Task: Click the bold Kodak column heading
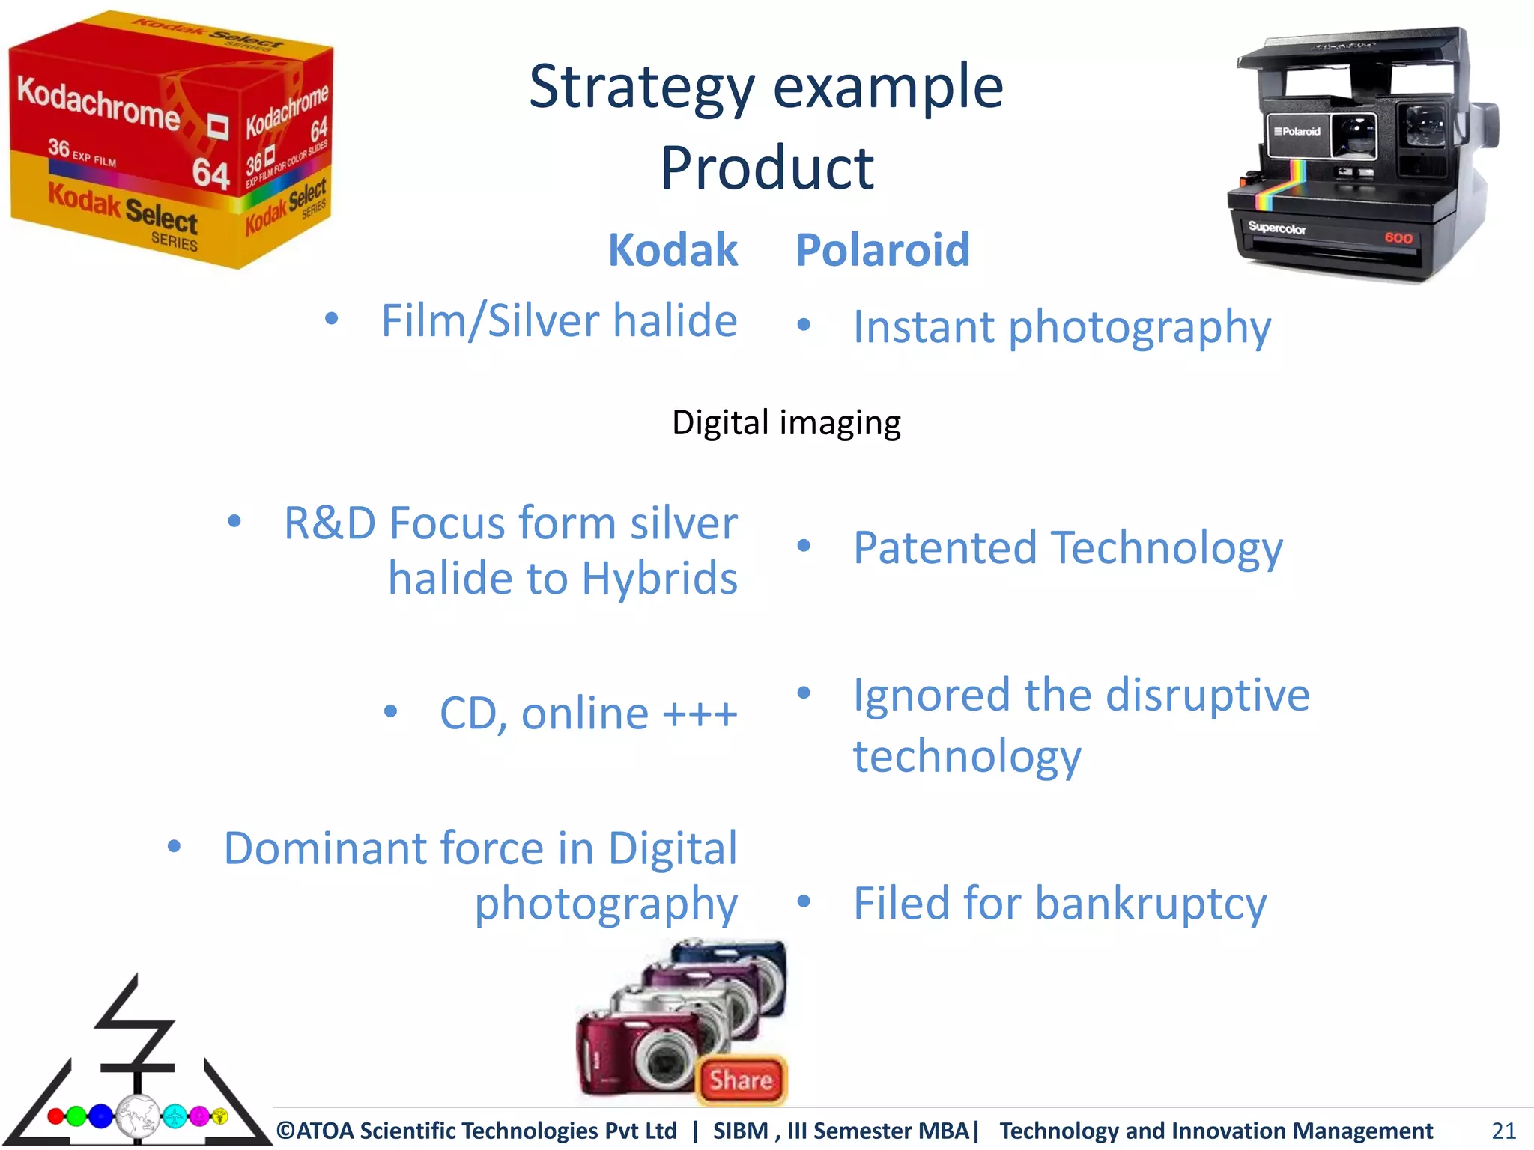pyautogui.click(x=673, y=250)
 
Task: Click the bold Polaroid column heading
pyautogui.click(x=882, y=250)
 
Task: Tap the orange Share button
pyautogui.click(x=741, y=1080)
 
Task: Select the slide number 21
pyautogui.click(x=1503, y=1130)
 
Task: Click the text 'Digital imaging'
pyautogui.click(x=786, y=423)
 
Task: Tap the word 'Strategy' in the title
pyautogui.click(x=642, y=88)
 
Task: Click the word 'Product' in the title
pyautogui.click(x=767, y=168)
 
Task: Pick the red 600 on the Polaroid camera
pyautogui.click(x=1398, y=238)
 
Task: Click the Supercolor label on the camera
pyautogui.click(x=1277, y=228)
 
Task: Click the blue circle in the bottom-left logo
pyautogui.click(x=100, y=1116)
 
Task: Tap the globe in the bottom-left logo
pyautogui.click(x=138, y=1116)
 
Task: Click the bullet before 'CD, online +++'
pyautogui.click(x=390, y=711)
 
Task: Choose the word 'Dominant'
pyautogui.click(x=324, y=849)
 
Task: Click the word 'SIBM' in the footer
pyautogui.click(x=740, y=1131)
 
